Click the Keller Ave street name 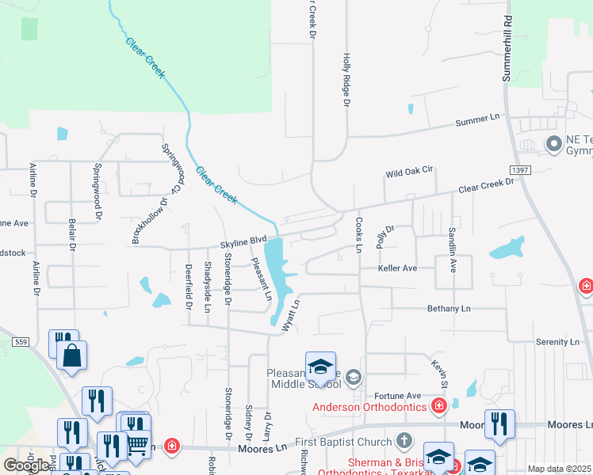coord(397,268)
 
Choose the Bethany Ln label coord(449,308)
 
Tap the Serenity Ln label coord(557,342)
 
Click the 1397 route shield coord(520,170)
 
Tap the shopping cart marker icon coord(138,446)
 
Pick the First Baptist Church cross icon coord(404,441)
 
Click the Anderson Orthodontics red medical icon coord(438,407)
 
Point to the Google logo coord(25,465)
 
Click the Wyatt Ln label coord(291,313)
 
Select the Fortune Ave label coord(397,395)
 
